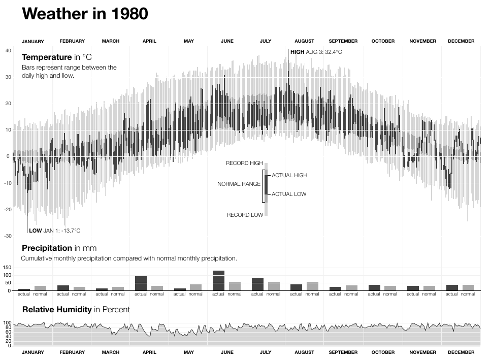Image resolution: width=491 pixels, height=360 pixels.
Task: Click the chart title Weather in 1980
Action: pyautogui.click(x=85, y=14)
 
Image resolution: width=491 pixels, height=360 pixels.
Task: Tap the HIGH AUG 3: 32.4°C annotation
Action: pyautogui.click(x=316, y=52)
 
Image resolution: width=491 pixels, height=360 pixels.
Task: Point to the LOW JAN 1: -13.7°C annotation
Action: pyautogui.click(x=54, y=231)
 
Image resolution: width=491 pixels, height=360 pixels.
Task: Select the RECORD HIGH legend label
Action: pyautogui.click(x=244, y=163)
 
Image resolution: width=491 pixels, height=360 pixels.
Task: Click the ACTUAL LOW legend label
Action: pyautogui.click(x=289, y=194)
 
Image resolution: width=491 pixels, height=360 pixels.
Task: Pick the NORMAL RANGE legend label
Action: pyautogui.click(x=239, y=184)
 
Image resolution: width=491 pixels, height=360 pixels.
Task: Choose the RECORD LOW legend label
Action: pyautogui.click(x=245, y=215)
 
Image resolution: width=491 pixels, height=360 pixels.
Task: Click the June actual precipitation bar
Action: pyautogui.click(x=218, y=281)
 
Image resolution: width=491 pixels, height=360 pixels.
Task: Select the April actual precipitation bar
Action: pyautogui.click(x=141, y=283)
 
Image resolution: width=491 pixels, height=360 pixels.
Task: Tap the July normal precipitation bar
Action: pyautogui.click(x=274, y=286)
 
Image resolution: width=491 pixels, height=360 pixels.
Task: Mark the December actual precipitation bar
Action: pyautogui.click(x=452, y=288)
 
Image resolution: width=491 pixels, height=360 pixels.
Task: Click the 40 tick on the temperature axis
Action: pyautogui.click(x=8, y=51)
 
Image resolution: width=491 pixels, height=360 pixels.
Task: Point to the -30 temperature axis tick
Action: pyautogui.click(x=8, y=236)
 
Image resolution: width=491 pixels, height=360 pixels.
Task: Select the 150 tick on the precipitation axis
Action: pyautogui.click(x=7, y=267)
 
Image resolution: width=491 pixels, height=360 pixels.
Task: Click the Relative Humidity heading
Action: pyautogui.click(x=76, y=309)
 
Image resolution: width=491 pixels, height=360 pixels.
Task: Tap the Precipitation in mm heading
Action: pyautogui.click(x=59, y=248)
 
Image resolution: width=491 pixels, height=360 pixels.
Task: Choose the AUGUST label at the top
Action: pyautogui.click(x=304, y=41)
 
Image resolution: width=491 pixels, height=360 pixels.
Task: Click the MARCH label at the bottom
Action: pyautogui.click(x=111, y=352)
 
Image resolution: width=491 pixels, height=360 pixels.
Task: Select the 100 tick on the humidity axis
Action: pyautogui.click(x=7, y=323)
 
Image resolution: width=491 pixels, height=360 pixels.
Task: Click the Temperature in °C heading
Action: pyautogui.click(x=56, y=57)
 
